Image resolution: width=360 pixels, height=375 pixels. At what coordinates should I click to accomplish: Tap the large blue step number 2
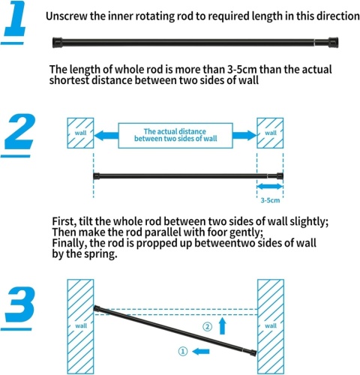click(19, 131)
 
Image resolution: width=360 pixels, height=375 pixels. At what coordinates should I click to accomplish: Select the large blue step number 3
click(19, 304)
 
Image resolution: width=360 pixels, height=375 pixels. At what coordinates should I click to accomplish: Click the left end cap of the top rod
click(57, 42)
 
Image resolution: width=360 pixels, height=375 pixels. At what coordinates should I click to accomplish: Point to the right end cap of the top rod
click(333, 42)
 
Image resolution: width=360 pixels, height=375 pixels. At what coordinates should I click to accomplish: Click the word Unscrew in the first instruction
click(67, 16)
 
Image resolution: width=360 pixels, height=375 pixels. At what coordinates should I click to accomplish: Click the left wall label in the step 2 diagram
click(80, 133)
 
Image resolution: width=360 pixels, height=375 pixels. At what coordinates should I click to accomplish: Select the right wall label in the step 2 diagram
click(271, 133)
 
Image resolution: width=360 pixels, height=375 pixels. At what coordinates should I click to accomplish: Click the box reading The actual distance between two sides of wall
click(175, 136)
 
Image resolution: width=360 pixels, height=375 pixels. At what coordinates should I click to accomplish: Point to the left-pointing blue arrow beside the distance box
click(106, 136)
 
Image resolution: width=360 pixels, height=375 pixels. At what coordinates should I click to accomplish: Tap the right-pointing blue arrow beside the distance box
click(244, 135)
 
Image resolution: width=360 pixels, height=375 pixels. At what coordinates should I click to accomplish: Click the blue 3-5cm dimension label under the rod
click(270, 200)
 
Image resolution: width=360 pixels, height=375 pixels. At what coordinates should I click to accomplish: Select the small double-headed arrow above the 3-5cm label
click(270, 186)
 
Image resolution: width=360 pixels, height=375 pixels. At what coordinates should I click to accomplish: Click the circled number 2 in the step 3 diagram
click(207, 326)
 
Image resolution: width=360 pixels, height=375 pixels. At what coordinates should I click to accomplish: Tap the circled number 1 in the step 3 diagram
click(183, 352)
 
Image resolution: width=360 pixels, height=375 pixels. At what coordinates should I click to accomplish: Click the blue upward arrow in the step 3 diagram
click(222, 325)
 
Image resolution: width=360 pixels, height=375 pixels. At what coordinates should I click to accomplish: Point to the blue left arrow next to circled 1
click(201, 352)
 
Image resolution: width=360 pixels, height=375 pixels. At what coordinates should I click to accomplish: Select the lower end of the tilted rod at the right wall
click(253, 353)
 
